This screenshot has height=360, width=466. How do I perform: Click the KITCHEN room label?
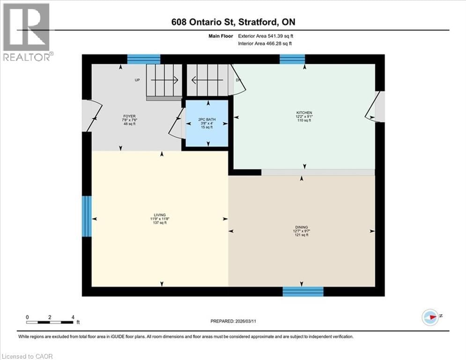[303, 113]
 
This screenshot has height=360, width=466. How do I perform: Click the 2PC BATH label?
[207, 120]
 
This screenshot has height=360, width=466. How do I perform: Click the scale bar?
[50, 322]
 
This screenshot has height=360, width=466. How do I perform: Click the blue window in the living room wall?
[87, 216]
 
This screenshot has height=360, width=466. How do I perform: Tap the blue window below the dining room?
[303, 292]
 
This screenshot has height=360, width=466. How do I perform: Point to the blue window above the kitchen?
[292, 59]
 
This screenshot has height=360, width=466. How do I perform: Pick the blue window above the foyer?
[144, 59]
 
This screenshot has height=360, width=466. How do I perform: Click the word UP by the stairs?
[137, 80]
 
